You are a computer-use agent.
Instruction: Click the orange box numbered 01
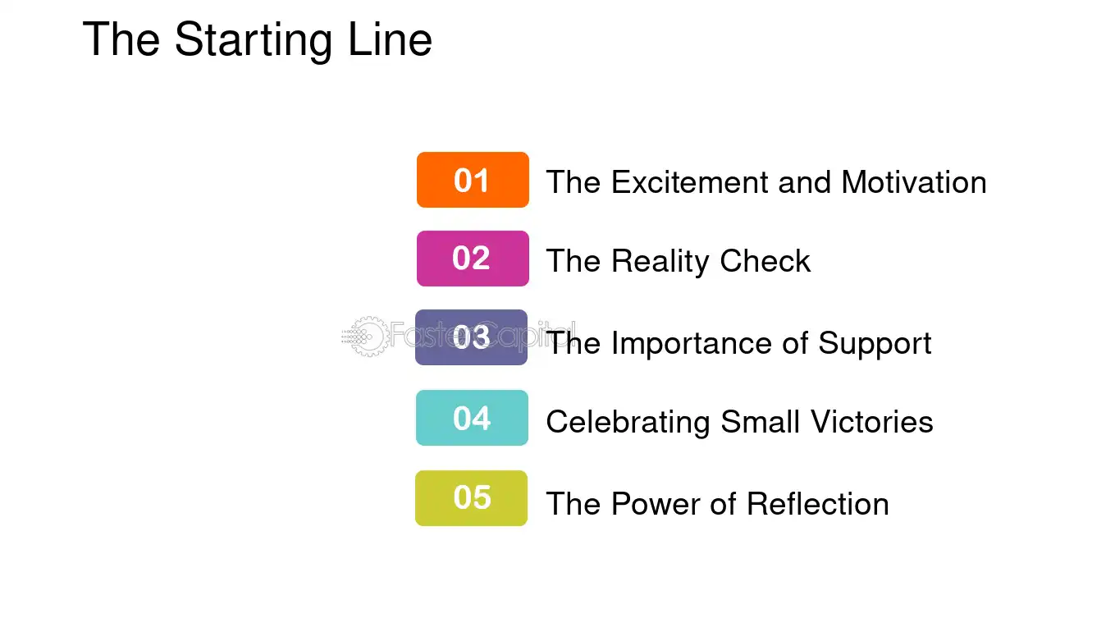(473, 180)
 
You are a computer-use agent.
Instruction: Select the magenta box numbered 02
(473, 259)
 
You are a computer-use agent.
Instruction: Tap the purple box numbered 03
(471, 337)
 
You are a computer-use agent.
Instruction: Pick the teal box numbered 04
(472, 418)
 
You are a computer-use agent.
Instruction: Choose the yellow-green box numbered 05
(471, 498)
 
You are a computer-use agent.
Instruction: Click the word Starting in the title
(254, 41)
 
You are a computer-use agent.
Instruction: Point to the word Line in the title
(391, 39)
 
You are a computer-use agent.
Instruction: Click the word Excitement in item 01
(690, 181)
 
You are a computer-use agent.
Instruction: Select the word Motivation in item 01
(914, 181)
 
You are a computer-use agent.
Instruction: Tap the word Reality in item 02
(660, 262)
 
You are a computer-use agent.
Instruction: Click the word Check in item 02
(765, 260)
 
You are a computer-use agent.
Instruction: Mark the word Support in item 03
(875, 344)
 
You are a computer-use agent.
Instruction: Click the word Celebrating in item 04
(628, 422)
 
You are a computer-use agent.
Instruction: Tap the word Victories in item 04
(872, 421)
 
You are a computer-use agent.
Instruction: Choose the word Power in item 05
(655, 503)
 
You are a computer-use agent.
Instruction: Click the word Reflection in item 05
(818, 503)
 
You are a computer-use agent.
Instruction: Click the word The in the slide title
(121, 39)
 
